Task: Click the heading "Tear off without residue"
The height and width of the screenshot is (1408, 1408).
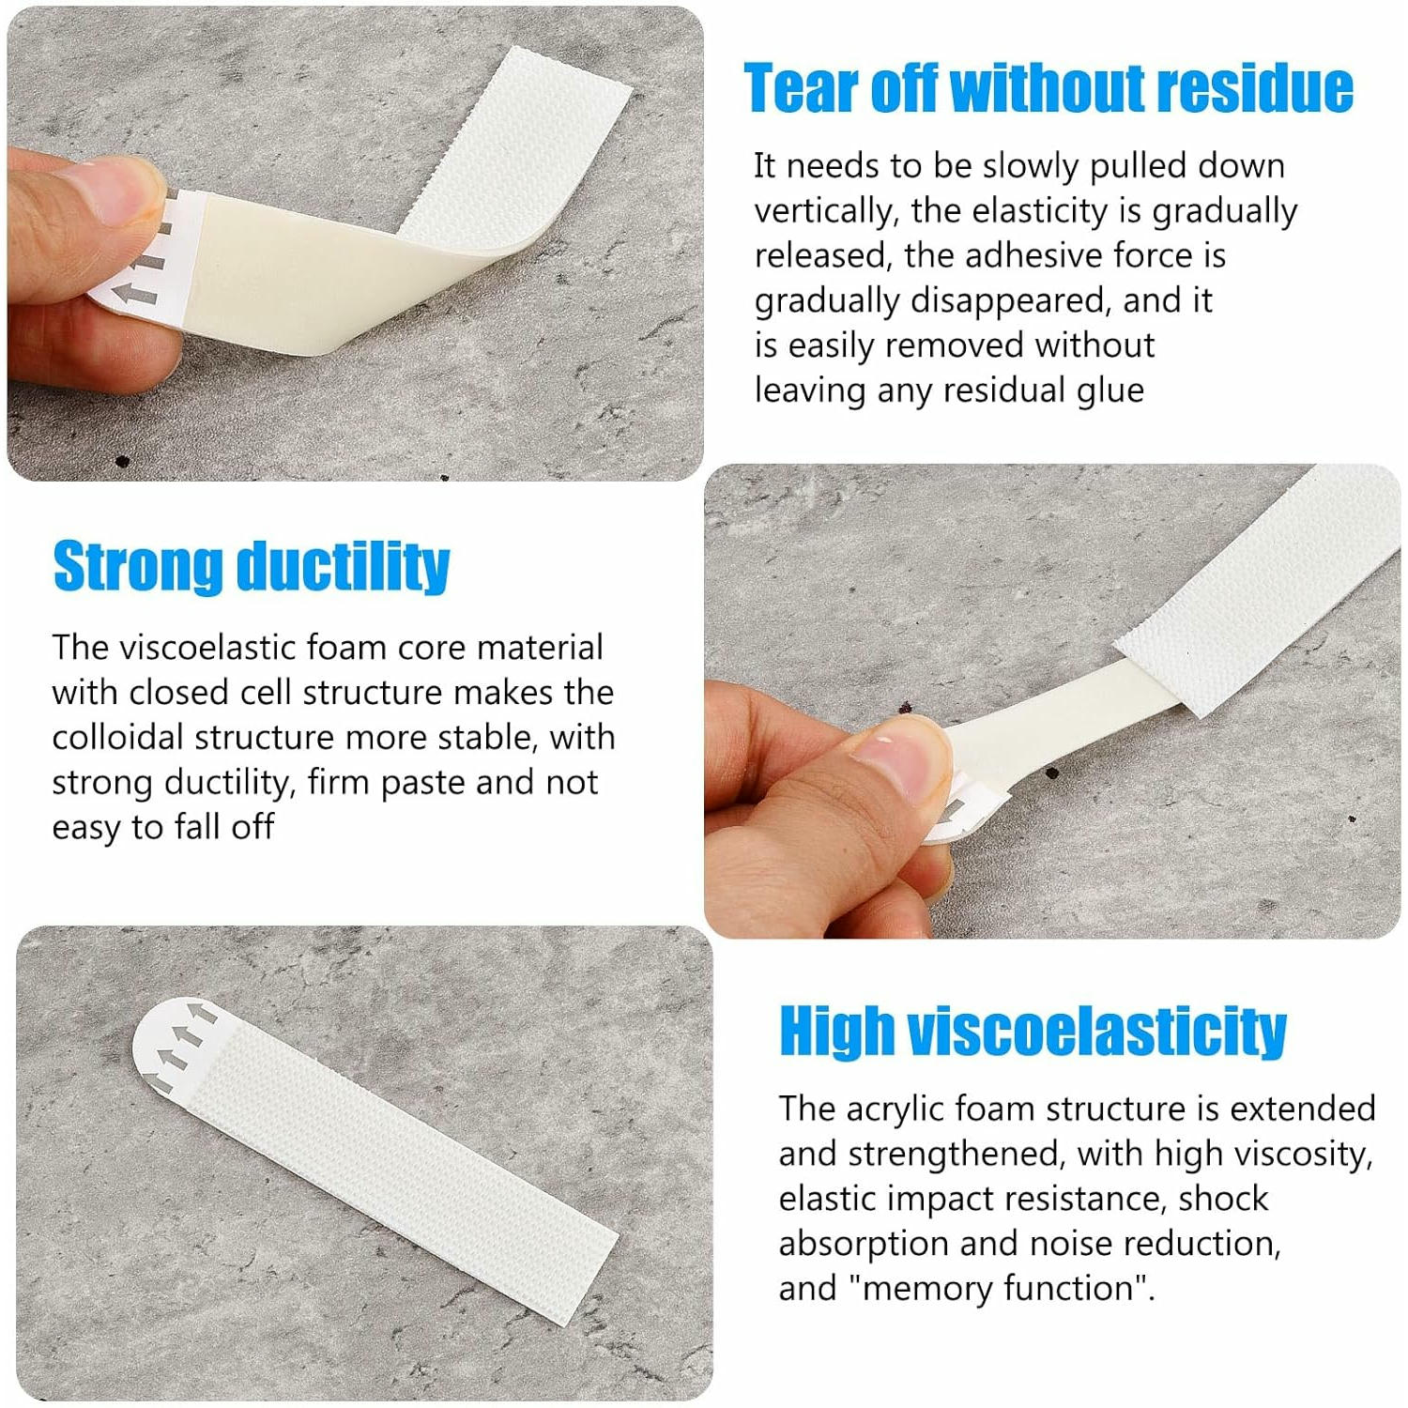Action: coord(1048,88)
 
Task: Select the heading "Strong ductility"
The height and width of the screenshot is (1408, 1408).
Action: coord(252,566)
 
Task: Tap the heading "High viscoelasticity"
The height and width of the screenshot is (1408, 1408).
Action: coord(1033,1031)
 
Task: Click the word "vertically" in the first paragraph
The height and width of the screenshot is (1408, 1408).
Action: coord(823,211)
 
